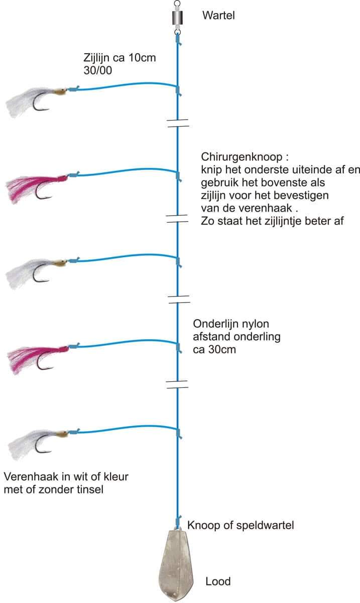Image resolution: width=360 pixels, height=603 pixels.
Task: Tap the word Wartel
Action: (218, 16)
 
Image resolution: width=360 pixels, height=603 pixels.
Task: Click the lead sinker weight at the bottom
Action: (176, 565)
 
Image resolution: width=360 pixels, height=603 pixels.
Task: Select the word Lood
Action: (218, 581)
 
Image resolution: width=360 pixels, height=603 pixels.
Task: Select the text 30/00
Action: (98, 70)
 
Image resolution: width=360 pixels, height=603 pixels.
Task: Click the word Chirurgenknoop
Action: (242, 157)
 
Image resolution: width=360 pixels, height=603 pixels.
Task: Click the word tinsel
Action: (90, 489)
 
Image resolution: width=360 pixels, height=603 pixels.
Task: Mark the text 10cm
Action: (142, 58)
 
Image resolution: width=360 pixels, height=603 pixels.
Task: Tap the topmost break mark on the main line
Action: (178, 123)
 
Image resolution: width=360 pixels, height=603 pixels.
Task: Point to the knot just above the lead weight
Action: (178, 522)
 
